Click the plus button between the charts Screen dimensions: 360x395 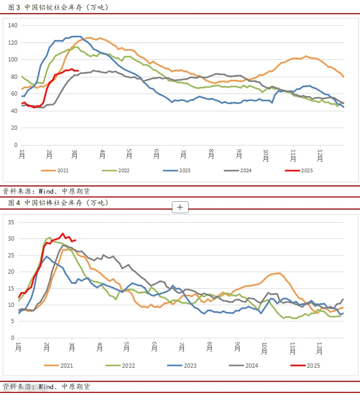pos(180,207)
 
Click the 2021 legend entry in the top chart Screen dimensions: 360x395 pos(55,171)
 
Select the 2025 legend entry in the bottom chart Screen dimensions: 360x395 pos(305,366)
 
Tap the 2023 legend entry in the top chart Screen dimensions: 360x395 pos(177,171)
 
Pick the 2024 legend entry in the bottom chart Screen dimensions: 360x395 pos(243,366)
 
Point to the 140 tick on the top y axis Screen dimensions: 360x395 pos(13,25)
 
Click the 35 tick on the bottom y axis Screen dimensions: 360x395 pos(11,222)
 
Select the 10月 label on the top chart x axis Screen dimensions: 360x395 pos(266,155)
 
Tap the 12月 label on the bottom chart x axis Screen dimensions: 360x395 pos(320,348)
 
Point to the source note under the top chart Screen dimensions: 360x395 pos(46,191)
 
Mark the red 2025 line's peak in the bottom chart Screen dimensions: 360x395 pos(63,233)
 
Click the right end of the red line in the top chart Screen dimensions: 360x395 pos(78,71)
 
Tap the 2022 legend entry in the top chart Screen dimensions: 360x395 pos(116,171)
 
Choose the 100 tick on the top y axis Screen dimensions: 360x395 pos(13,59)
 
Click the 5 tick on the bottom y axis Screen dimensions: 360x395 pos(13,321)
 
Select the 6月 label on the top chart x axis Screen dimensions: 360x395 pos(156,154)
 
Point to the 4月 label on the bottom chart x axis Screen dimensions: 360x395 pos(99,347)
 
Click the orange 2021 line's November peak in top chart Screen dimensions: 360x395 pos(306,56)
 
